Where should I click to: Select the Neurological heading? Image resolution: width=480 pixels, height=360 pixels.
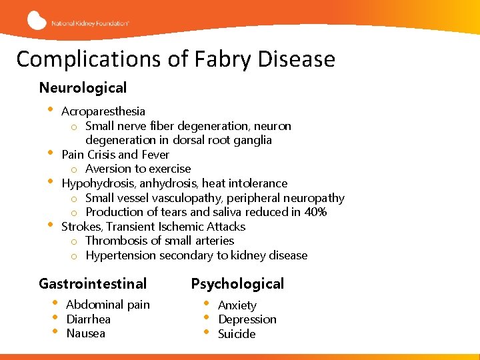(83, 88)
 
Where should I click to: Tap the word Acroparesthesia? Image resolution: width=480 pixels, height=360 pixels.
(103, 111)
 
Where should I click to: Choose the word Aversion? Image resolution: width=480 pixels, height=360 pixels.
(108, 169)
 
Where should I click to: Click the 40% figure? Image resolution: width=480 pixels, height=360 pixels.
(313, 212)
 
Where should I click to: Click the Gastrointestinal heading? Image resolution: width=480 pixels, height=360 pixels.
(93, 284)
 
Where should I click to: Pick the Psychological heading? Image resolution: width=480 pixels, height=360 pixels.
(237, 284)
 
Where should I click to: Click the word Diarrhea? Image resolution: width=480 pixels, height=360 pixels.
(89, 319)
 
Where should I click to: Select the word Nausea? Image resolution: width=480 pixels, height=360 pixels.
(86, 333)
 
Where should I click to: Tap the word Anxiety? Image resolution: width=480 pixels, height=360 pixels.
(237, 305)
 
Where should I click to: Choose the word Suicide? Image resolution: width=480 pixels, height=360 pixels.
(237, 334)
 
